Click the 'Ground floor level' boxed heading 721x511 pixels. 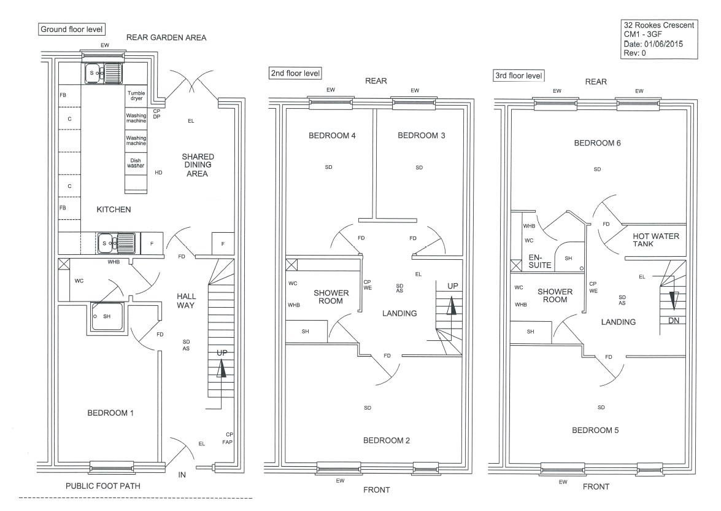[x=72, y=29]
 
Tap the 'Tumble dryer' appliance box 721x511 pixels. [x=136, y=96]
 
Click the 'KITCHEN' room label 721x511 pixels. [x=114, y=209]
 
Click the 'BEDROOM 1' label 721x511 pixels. [x=110, y=413]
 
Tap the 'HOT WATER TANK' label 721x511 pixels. [x=656, y=240]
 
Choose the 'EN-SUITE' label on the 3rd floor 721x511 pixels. [x=540, y=262]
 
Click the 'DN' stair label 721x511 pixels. [x=673, y=321]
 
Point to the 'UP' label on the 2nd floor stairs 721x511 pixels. [x=452, y=286]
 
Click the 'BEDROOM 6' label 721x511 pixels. [x=597, y=143]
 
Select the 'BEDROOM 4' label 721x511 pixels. [x=332, y=135]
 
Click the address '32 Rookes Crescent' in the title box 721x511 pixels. [x=658, y=25]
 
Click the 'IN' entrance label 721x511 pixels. [x=182, y=475]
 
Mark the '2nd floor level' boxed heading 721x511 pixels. [x=295, y=73]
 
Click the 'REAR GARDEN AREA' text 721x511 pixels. [x=166, y=37]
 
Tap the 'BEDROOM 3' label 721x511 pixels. [x=421, y=135]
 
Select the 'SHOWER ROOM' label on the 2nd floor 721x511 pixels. [x=331, y=297]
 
